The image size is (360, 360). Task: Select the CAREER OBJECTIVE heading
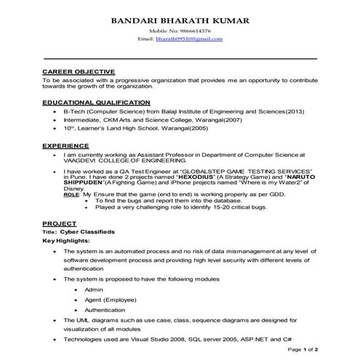pos(73,71)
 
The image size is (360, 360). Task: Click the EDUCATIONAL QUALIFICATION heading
pos(96,103)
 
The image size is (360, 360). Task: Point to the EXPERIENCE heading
pos(65,145)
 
